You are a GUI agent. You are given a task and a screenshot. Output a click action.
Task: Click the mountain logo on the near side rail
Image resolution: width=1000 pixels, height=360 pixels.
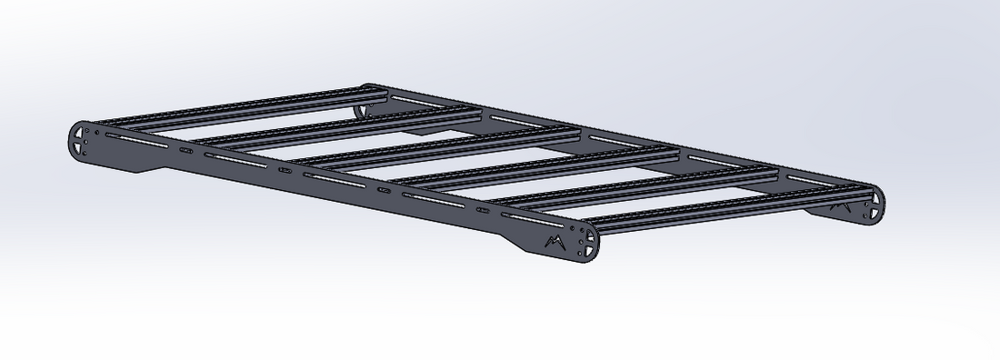pyautogui.click(x=554, y=242)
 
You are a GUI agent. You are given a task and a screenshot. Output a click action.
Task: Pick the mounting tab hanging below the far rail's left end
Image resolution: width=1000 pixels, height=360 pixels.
pyautogui.click(x=361, y=110)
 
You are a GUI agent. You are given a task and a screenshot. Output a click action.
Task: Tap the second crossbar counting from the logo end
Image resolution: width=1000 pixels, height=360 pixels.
pyautogui.click(x=636, y=191)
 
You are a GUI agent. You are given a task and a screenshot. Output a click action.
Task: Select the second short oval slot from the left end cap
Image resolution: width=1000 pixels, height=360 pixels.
pyautogui.click(x=285, y=170)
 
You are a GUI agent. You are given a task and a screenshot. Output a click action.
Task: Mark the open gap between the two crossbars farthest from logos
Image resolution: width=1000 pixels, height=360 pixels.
pyautogui.click(x=273, y=115)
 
